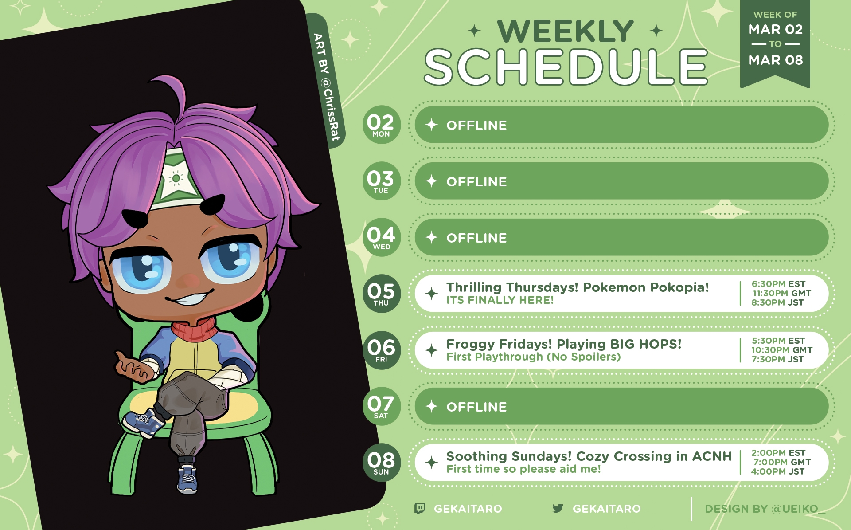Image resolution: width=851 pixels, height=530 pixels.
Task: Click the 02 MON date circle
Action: point(381,125)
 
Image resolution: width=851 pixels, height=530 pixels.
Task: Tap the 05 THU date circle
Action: point(381,294)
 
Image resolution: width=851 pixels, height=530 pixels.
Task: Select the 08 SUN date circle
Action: point(381,463)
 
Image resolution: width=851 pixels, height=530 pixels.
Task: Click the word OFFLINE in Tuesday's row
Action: point(476,182)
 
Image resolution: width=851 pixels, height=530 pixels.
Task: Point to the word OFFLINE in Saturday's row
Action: point(476,407)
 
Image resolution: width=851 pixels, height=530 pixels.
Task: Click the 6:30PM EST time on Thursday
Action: point(778,284)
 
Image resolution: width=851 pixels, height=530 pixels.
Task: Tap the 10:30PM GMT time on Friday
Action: point(782,350)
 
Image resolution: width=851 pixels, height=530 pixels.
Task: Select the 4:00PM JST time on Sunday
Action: point(778,471)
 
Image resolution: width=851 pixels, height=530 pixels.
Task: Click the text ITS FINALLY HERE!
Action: point(500,300)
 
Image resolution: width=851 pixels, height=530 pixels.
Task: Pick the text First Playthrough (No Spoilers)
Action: point(534,357)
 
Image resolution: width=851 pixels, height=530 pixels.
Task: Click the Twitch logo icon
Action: point(419,508)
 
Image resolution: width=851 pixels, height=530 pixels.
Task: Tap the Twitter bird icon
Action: point(558,508)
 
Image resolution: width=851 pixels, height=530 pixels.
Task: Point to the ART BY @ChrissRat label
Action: point(327,87)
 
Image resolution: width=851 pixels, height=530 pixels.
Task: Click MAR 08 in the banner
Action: point(776,60)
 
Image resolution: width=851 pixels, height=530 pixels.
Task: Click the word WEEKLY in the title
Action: point(566,31)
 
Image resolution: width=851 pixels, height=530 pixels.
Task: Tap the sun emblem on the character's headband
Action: point(176,178)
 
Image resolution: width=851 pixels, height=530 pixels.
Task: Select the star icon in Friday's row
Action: point(432,350)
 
